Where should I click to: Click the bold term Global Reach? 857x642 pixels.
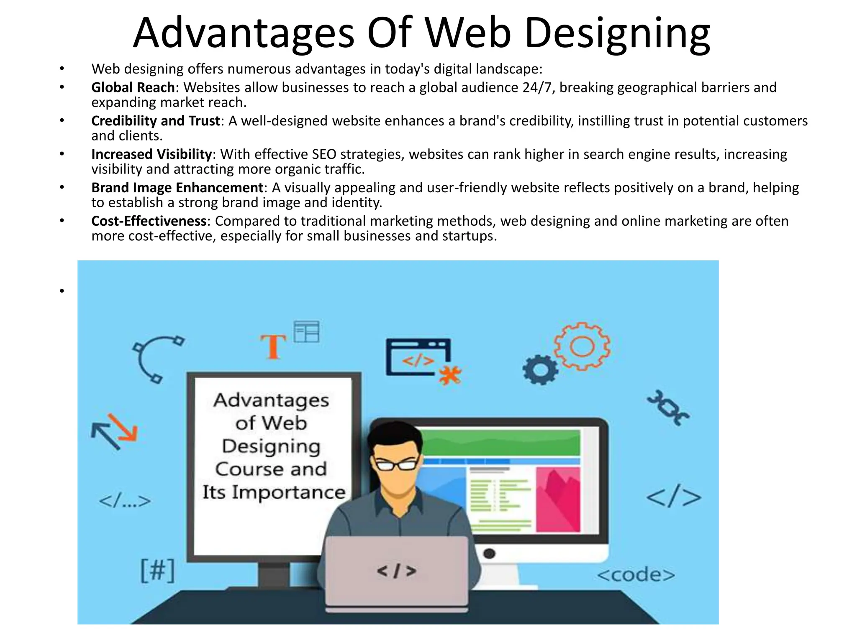(133, 87)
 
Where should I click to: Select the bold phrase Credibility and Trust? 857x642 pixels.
(156, 121)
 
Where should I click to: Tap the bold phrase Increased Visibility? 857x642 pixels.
(151, 154)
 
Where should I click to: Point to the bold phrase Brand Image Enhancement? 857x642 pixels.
(177, 188)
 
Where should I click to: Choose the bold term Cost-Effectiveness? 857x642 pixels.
(149, 221)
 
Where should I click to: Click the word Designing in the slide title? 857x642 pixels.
(617, 33)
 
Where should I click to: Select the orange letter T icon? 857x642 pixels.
(273, 346)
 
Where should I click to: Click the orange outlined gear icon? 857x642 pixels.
(582, 346)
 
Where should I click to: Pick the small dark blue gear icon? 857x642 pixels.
(540, 370)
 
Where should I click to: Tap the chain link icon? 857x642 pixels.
(668, 408)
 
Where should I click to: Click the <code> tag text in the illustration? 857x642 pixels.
(636, 575)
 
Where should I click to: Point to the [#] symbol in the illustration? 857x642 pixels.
(157, 571)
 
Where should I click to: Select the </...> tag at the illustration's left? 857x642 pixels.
(125, 501)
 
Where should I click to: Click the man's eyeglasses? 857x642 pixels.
(396, 464)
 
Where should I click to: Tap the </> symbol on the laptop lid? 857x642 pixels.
(397, 571)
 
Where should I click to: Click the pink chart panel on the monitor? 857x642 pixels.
(558, 499)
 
